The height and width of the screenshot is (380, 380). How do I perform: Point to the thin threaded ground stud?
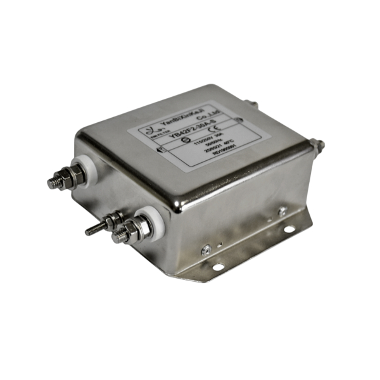(x=95, y=229)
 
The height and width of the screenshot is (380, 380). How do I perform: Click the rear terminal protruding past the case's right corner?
(x=320, y=146)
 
